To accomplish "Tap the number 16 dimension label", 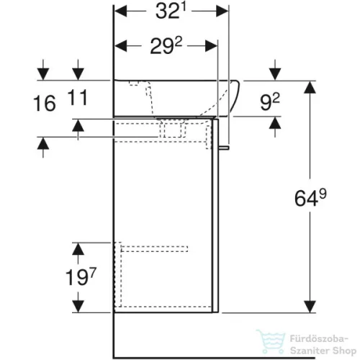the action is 45,104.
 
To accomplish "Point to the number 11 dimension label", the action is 77,97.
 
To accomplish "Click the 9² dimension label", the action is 270,102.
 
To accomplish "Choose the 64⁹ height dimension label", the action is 310,197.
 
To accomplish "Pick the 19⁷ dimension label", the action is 81,276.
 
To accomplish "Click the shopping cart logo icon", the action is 271,341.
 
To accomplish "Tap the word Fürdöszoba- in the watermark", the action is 319,339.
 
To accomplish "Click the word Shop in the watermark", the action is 344,351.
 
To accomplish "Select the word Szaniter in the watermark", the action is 310,351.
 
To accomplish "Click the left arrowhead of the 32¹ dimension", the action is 121,12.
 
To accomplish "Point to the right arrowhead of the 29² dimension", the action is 211,45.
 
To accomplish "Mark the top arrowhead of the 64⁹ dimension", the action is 310,87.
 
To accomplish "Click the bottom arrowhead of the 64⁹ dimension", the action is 310,307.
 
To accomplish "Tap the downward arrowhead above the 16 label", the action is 43,74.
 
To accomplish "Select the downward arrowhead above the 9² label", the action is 275,74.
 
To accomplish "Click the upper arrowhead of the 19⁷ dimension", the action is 78,248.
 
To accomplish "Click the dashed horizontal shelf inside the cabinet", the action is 155,249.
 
